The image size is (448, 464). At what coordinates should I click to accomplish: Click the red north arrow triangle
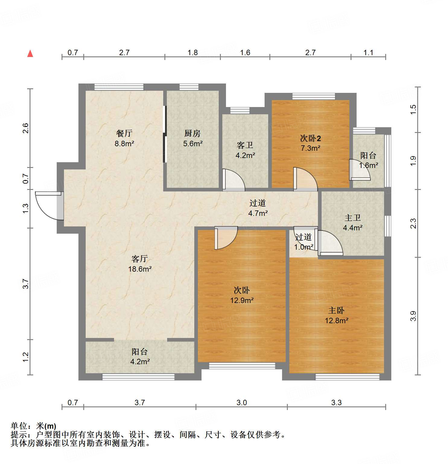click(30, 54)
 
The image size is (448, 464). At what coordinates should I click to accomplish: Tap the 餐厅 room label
click(124, 133)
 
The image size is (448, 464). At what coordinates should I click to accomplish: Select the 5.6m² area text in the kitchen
click(193, 144)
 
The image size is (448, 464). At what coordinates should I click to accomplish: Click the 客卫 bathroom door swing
click(233, 180)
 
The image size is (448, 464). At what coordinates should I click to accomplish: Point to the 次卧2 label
click(310, 138)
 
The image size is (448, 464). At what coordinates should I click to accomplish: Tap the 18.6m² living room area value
click(140, 269)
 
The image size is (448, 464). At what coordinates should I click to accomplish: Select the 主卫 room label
click(353, 218)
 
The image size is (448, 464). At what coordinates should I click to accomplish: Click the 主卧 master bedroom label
click(336, 310)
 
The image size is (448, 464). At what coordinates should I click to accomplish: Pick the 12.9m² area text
click(242, 300)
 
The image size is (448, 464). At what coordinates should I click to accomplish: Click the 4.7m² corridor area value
click(258, 213)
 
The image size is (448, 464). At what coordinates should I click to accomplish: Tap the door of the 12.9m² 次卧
click(226, 238)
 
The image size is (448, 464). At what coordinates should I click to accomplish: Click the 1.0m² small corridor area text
click(303, 247)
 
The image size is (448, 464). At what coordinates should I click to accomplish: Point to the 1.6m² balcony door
click(359, 170)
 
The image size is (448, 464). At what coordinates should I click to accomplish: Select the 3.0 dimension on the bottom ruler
click(242, 402)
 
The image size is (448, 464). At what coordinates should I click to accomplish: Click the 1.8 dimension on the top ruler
click(192, 53)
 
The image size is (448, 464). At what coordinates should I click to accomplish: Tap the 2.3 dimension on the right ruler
click(413, 223)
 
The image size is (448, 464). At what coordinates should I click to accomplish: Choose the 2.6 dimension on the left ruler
click(26, 128)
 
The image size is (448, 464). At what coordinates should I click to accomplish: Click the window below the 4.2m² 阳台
click(138, 377)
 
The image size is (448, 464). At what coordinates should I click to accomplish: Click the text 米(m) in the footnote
click(46, 426)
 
